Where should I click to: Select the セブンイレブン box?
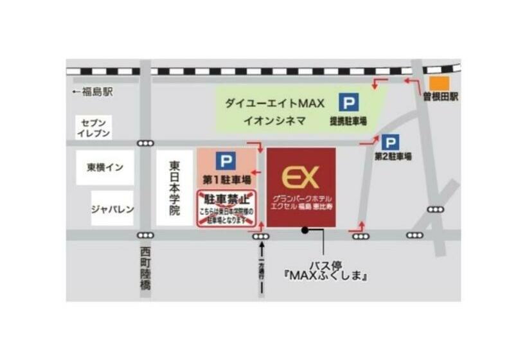[x=94, y=127]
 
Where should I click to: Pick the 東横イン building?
[x=105, y=168]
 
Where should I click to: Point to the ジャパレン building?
[x=112, y=208]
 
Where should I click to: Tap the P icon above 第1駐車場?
[x=226, y=161]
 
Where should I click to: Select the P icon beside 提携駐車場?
[x=349, y=102]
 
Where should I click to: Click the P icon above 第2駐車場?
[x=389, y=142]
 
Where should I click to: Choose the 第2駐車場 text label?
[x=393, y=156]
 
